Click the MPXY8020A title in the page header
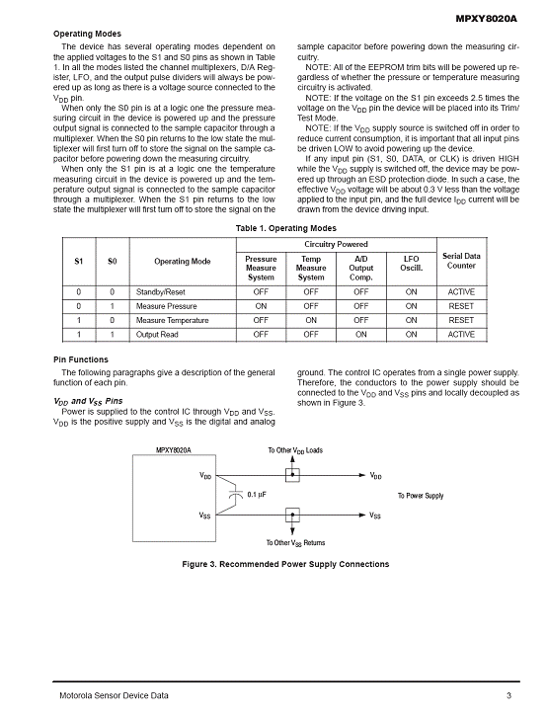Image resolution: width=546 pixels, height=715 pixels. [x=487, y=19]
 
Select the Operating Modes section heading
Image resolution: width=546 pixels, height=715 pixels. [x=87, y=34]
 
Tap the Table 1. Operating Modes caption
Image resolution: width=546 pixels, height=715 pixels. [x=285, y=228]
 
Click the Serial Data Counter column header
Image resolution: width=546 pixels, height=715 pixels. [x=461, y=261]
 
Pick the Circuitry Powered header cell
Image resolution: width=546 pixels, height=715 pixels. [x=336, y=244]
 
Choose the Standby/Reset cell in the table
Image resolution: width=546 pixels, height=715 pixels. [x=160, y=292]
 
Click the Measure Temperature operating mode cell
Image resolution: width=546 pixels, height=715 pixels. [x=172, y=320]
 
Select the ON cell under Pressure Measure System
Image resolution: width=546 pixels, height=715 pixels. [x=261, y=306]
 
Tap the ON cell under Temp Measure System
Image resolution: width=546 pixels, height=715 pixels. [x=311, y=320]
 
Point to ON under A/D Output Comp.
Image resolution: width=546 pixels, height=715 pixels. [x=361, y=334]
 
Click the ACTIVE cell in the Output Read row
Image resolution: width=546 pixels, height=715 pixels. [x=461, y=334]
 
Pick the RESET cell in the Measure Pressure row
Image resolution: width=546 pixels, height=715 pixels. [x=461, y=306]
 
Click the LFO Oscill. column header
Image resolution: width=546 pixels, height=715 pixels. [x=411, y=263]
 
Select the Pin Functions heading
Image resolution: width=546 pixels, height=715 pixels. [x=81, y=359]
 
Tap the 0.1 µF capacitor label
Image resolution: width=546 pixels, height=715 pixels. [x=257, y=495]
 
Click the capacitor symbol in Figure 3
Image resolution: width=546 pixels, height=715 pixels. [x=236, y=495]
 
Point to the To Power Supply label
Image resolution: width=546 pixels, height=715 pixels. [x=421, y=496]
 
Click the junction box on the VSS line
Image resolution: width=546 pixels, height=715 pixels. [x=292, y=515]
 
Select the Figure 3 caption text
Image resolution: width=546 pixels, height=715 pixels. [x=285, y=564]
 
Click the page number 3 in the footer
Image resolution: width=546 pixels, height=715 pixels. [x=509, y=695]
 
